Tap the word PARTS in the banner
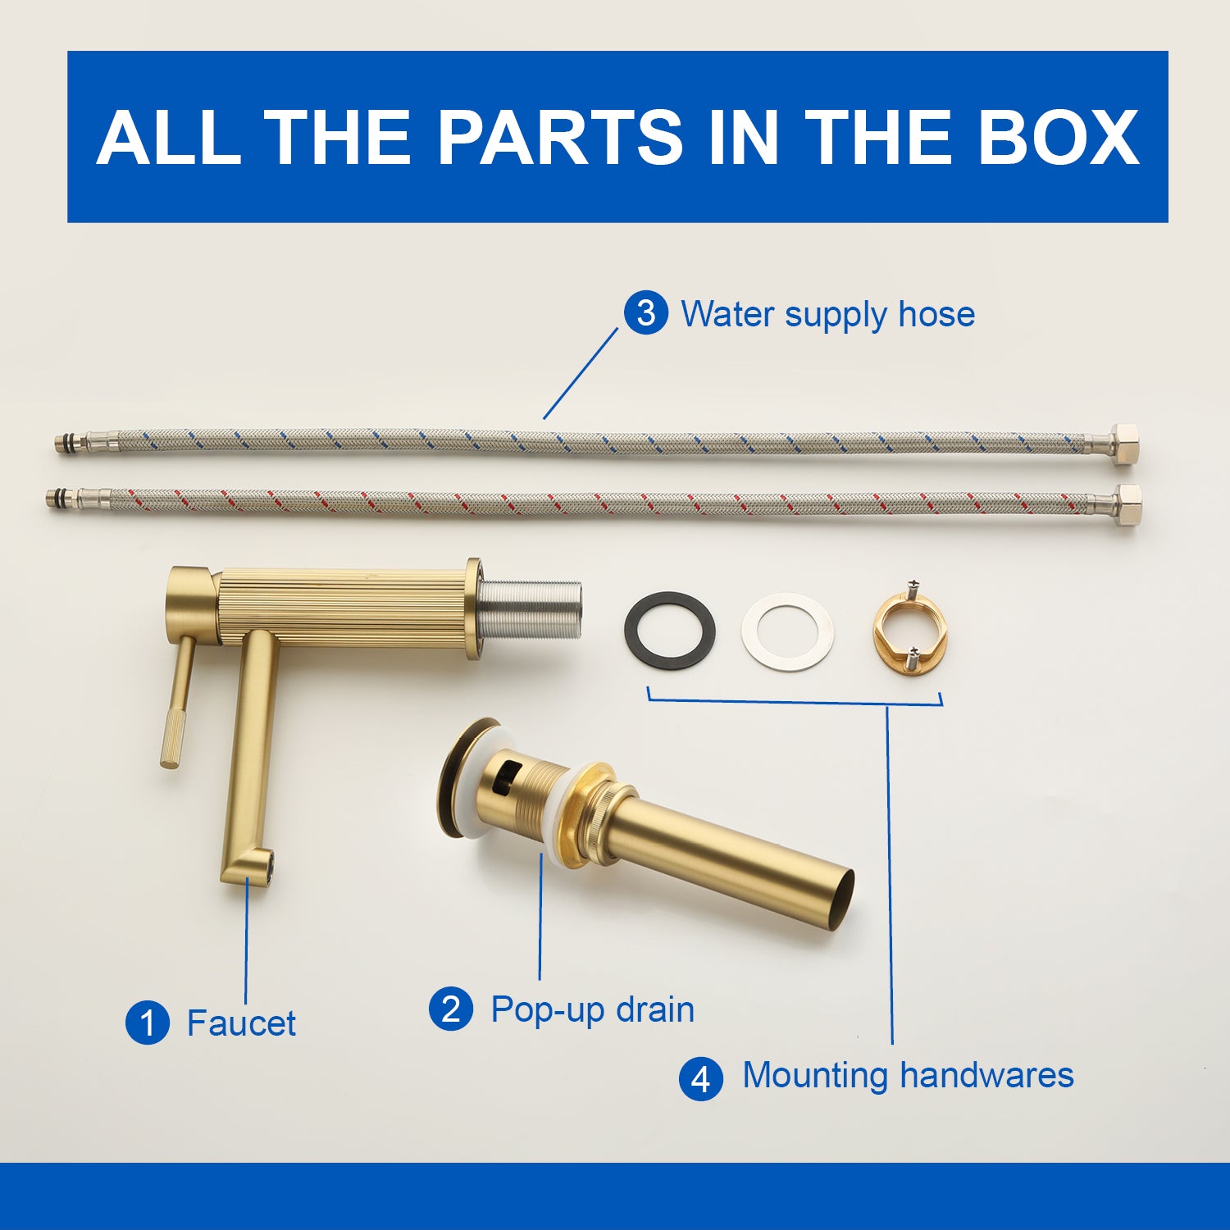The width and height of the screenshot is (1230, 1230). coord(560,137)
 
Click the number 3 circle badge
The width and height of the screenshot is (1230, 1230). coord(646,313)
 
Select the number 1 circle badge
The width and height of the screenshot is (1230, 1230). coord(148,1023)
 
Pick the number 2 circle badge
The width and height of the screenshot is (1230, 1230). coord(451,1009)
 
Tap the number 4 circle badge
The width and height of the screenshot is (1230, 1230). coord(701,1078)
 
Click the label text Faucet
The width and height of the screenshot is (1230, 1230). coord(241,1023)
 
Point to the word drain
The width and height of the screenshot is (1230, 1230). coord(655,1009)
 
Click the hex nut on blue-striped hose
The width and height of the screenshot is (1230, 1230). coord(1125,444)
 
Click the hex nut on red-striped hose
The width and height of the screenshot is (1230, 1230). coord(1128,505)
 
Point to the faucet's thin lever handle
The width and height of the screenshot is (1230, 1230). coord(179,702)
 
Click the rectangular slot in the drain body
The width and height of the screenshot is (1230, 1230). coord(508,775)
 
